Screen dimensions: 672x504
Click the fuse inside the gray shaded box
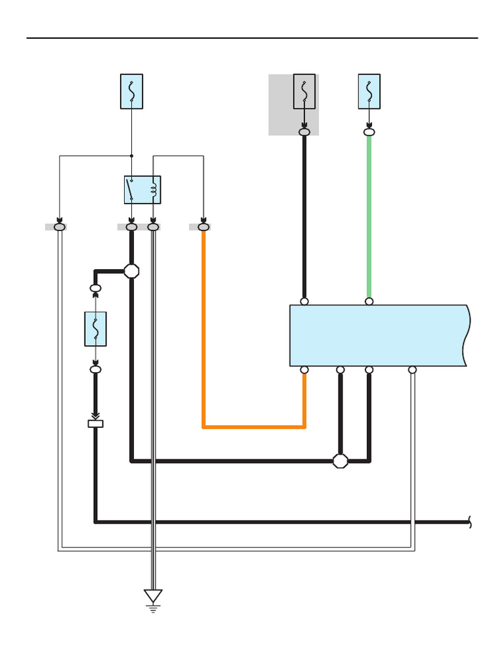[304, 91]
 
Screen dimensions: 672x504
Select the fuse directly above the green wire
[369, 91]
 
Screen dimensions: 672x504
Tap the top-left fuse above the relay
[131, 91]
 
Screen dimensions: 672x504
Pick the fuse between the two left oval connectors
[96, 329]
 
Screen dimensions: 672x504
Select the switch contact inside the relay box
[131, 190]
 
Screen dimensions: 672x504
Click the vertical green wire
[369, 217]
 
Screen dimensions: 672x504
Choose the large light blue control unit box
[378, 335]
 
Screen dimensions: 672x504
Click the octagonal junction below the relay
[131, 271]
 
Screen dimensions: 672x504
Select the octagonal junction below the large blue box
[340, 461]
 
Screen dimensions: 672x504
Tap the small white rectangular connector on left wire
[96, 424]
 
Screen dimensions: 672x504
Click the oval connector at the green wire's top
[369, 133]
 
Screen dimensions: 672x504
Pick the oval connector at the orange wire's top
[203, 227]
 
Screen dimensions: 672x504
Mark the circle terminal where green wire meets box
[369, 302]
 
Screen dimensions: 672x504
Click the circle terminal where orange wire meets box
[304, 370]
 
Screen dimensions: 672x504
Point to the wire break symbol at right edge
[471, 522]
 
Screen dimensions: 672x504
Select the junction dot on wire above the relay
[131, 156]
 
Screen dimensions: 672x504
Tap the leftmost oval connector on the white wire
[60, 227]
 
